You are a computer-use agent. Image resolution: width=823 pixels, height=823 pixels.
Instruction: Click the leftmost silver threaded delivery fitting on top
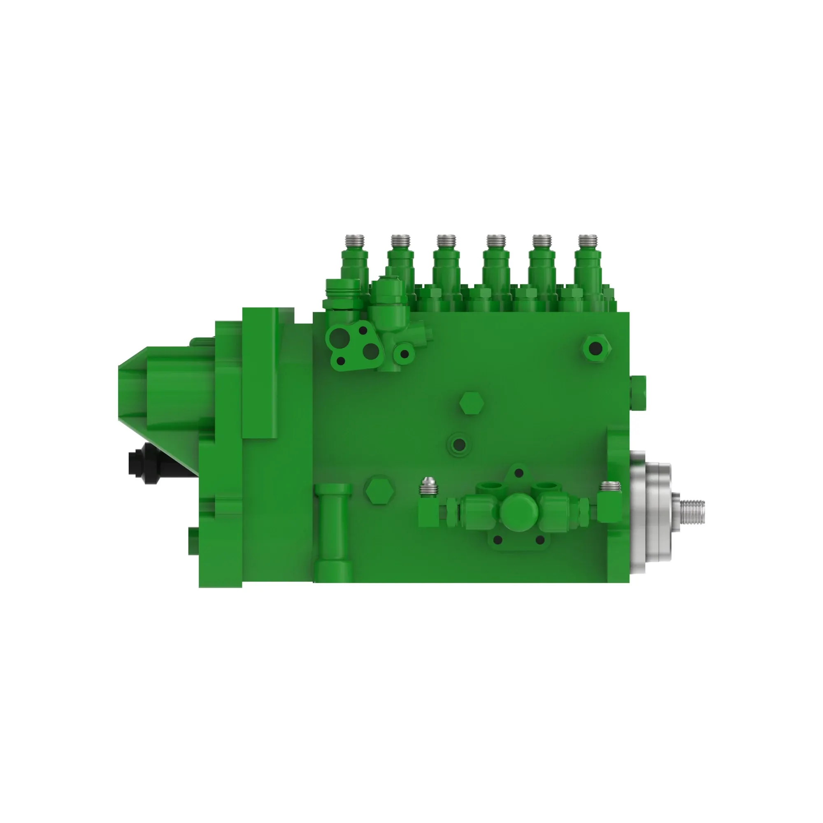354,241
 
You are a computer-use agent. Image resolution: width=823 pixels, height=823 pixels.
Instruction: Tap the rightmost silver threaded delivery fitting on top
588,241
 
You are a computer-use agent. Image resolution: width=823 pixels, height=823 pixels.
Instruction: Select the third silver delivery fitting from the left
446,241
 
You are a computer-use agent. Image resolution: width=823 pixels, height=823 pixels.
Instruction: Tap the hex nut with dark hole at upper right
595,349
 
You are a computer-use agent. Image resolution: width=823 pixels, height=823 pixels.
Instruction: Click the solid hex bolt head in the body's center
472,402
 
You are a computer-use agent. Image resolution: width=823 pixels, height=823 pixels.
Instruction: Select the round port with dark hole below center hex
459,445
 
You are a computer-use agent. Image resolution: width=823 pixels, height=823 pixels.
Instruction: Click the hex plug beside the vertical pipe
380,491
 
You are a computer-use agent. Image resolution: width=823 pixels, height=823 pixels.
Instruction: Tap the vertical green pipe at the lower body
335,532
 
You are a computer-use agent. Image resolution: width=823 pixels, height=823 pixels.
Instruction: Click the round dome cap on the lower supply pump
518,511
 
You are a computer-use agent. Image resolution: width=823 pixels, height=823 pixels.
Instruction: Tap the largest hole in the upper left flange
339,337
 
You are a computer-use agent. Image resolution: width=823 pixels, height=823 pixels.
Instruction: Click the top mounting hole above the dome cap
519,473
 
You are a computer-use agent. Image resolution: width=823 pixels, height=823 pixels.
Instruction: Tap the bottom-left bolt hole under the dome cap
497,540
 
